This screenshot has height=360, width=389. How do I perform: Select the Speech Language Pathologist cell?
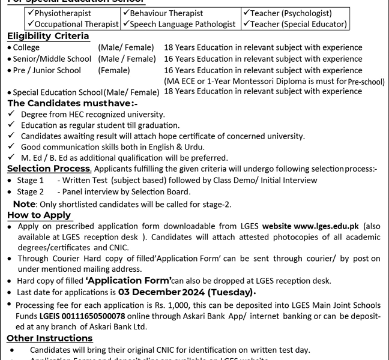[x=178, y=25]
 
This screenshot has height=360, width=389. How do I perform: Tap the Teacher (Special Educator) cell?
[x=295, y=25]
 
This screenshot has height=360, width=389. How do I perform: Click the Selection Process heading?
[x=48, y=169]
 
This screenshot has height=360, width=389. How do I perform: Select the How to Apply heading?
[x=39, y=215]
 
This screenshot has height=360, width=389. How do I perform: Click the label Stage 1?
[x=31, y=181]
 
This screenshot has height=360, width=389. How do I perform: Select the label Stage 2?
[x=31, y=192]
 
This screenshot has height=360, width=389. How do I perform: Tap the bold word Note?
[x=24, y=204]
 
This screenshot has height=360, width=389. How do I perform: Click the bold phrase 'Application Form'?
[x=129, y=280]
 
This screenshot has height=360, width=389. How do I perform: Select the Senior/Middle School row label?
[x=52, y=59]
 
